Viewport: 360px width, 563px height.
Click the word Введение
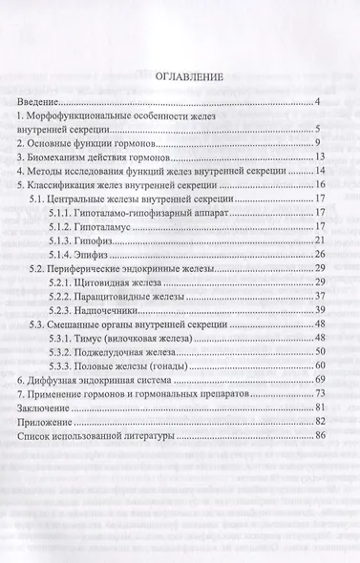click(39, 101)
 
